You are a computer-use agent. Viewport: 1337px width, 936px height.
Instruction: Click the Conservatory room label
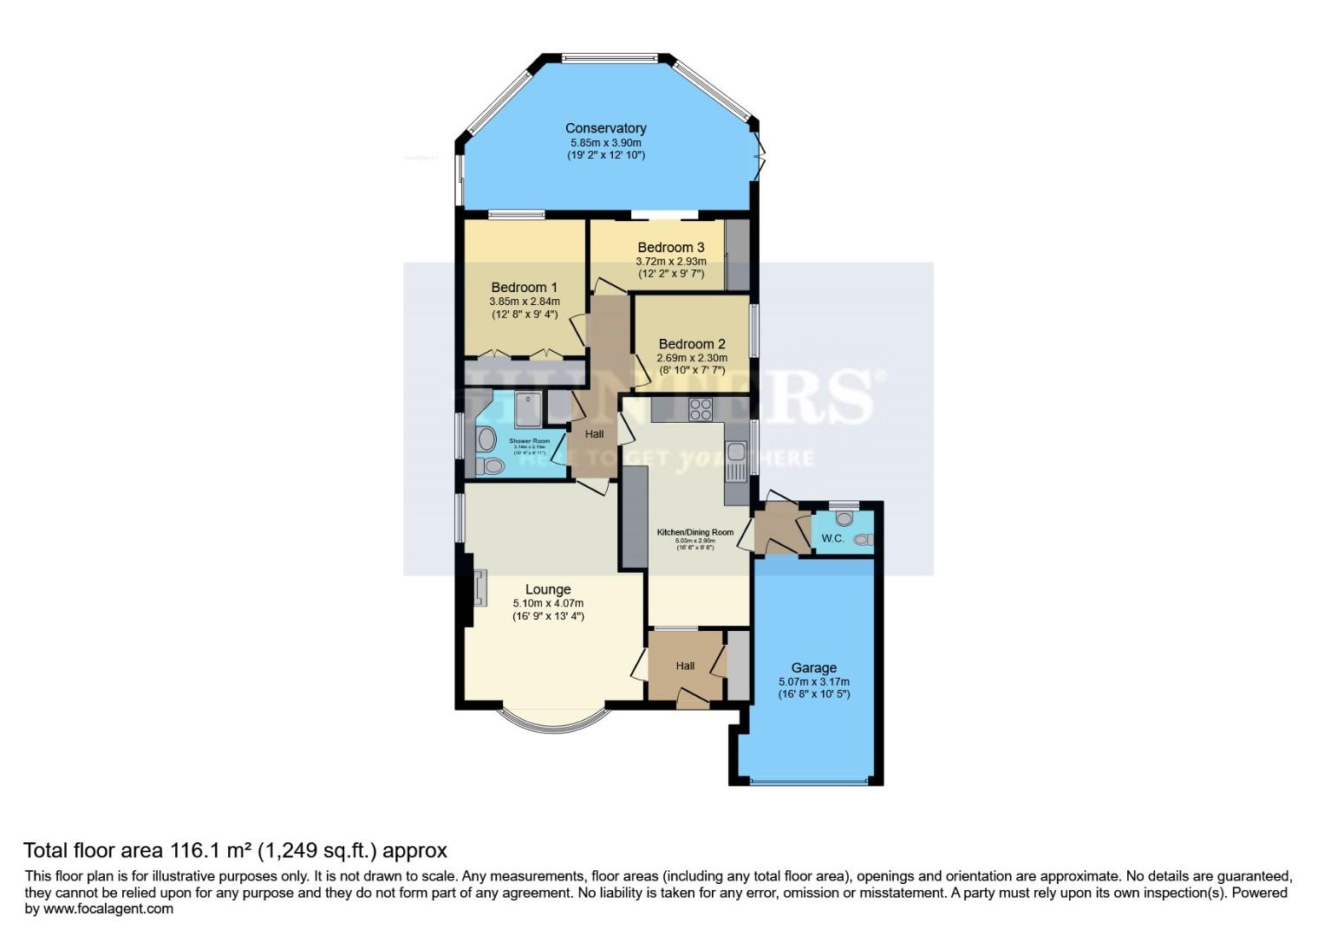point(605,128)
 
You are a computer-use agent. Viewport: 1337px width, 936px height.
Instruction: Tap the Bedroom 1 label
point(524,288)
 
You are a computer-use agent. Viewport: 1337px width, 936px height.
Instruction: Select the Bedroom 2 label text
point(692,344)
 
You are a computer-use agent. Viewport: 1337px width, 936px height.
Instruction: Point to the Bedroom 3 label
point(671,248)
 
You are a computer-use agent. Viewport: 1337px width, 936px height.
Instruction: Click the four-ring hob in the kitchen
point(701,409)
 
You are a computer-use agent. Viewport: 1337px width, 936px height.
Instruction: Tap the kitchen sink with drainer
point(736,461)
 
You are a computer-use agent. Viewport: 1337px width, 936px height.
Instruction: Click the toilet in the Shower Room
point(492,467)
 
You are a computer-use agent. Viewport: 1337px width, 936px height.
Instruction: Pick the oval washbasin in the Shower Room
point(486,439)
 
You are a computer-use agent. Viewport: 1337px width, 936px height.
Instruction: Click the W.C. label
point(832,539)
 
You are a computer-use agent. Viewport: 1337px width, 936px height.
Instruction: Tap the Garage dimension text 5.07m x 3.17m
point(813,681)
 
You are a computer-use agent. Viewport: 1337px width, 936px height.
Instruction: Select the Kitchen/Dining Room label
point(695,532)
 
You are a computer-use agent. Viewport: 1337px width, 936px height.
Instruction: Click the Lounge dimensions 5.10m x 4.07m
point(548,603)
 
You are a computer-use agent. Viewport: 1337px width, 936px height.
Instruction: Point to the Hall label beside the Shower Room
point(594,434)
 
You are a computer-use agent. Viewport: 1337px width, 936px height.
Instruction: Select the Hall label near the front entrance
point(685,666)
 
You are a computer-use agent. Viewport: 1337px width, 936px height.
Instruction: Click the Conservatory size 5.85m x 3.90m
point(605,142)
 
